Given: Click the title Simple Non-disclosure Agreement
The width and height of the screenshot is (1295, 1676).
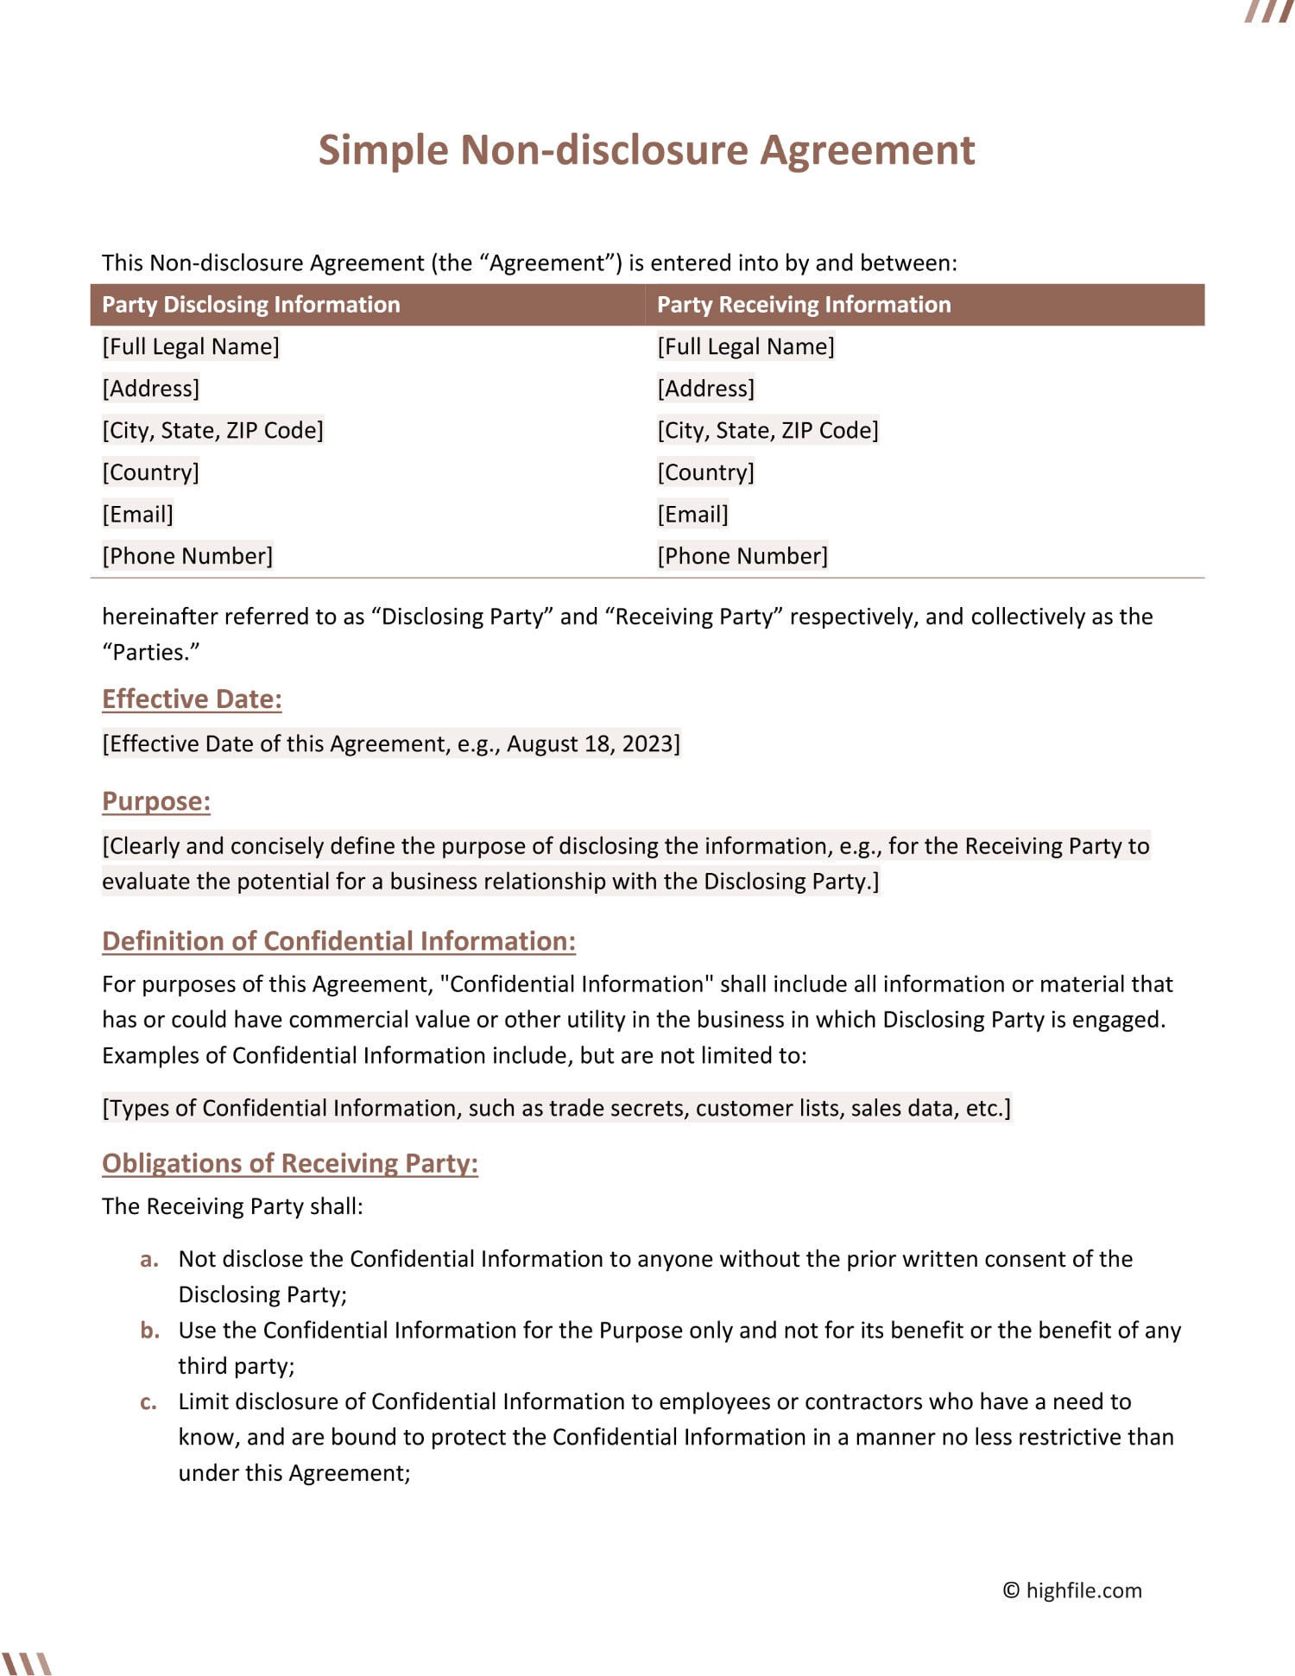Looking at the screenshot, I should tap(646, 150).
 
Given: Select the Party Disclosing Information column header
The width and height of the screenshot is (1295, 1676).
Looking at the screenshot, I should tap(250, 305).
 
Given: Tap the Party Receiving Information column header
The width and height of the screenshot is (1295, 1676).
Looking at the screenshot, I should tap(803, 305).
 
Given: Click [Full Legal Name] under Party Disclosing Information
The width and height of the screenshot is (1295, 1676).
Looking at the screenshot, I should tap(190, 347).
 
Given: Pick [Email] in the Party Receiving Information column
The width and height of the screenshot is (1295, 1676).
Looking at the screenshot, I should tap(692, 515).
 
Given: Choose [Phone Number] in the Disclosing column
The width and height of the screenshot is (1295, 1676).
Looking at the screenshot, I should tap(187, 556).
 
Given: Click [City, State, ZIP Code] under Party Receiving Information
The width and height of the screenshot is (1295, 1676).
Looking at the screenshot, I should tap(768, 431).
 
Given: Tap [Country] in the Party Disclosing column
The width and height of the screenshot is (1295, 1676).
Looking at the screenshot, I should tap(150, 472).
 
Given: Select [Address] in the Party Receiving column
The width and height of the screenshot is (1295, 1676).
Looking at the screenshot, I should tap(705, 389).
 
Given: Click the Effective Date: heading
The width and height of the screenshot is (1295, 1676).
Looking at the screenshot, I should tap(192, 699).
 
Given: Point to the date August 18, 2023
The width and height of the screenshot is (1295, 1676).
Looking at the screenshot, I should tap(590, 744).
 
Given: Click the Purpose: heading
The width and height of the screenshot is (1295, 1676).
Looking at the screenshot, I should tap(156, 801).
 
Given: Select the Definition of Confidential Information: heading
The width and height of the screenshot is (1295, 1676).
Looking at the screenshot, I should tap(338, 941).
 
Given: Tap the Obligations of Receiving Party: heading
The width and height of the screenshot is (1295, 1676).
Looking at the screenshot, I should tap(289, 1163).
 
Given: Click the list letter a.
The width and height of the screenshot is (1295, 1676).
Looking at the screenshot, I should tap(149, 1260).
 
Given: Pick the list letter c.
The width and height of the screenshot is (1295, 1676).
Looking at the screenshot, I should tap(148, 1402).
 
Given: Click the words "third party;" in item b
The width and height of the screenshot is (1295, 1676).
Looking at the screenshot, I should tap(237, 1366).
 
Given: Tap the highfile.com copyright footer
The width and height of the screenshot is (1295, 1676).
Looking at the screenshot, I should tap(1071, 1591).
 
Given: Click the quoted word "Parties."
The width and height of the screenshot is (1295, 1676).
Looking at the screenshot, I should tap(151, 653).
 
